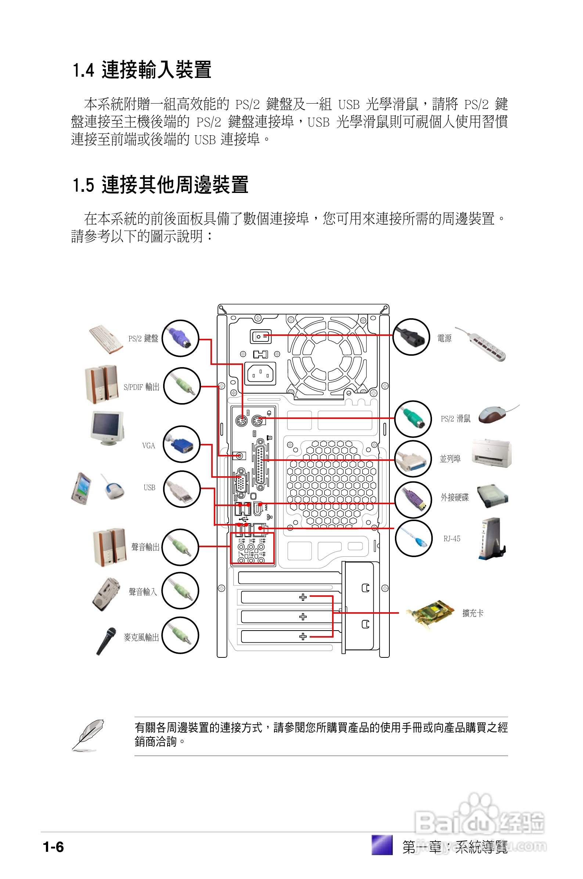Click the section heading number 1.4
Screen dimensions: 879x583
(83, 71)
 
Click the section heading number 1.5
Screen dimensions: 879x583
(83, 186)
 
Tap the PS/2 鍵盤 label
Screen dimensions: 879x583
(143, 338)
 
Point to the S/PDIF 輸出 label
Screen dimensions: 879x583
(141, 387)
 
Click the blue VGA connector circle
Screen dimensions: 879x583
(181, 444)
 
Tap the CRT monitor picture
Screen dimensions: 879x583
(107, 428)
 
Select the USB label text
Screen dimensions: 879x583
(149, 488)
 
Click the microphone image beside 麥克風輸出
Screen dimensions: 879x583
(105, 641)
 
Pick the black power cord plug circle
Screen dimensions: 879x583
(411, 337)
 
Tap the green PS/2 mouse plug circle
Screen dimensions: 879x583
(413, 419)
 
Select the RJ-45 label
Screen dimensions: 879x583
(452, 539)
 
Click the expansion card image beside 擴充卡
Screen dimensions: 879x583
(431, 614)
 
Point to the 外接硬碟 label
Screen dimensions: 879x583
(454, 498)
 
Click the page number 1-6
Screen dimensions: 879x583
(53, 847)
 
